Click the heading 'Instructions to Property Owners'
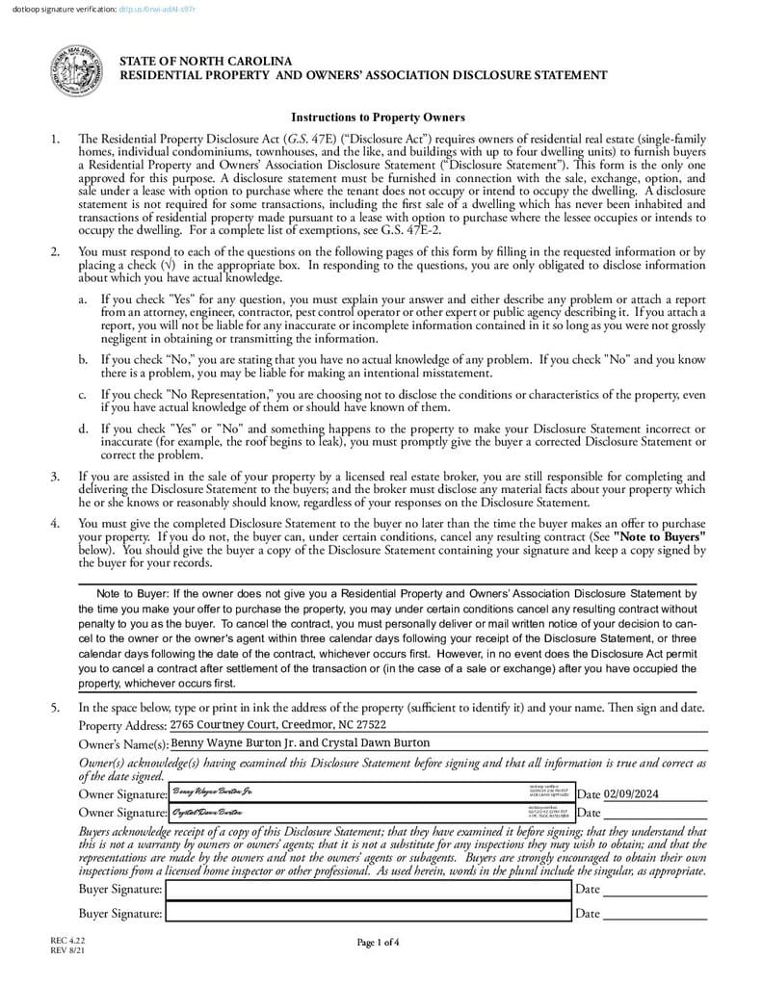pos(378,117)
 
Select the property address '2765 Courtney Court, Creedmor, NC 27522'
pos(278,725)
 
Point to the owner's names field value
pos(300,743)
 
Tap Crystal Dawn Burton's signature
pos(207,813)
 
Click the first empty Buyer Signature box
pos(369,890)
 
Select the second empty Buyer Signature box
pos(369,913)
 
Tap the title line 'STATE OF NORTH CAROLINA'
pos(205,62)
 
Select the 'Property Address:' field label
pos(122,726)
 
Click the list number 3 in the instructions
pos(56,477)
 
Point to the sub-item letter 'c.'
pos(84,395)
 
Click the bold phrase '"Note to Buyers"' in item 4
pos(660,535)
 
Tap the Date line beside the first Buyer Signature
pos(654,891)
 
